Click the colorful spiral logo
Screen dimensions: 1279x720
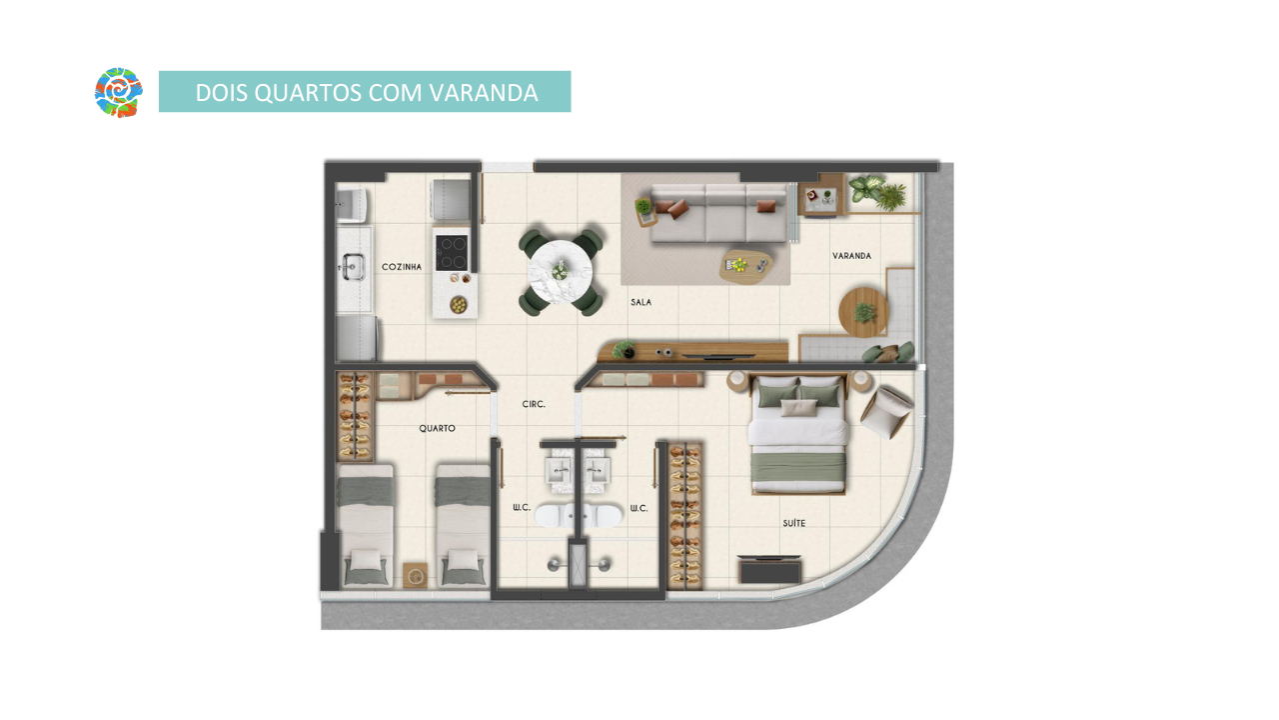pyautogui.click(x=118, y=92)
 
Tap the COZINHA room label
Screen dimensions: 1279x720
pyautogui.click(x=402, y=267)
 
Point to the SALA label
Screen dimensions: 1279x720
pyautogui.click(x=640, y=302)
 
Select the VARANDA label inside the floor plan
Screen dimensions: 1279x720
pyautogui.click(x=851, y=256)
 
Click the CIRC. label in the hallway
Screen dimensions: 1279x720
pyautogui.click(x=534, y=404)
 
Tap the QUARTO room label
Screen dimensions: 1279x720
pyautogui.click(x=437, y=428)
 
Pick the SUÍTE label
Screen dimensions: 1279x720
pyautogui.click(x=793, y=523)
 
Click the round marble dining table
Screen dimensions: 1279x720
pyautogui.click(x=561, y=271)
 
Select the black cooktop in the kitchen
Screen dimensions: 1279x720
pyautogui.click(x=452, y=252)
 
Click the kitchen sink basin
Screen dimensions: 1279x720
pyautogui.click(x=354, y=267)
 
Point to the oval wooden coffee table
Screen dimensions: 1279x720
pyautogui.click(x=745, y=266)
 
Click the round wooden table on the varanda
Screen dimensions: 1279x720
pyautogui.click(x=863, y=312)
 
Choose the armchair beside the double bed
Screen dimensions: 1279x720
pyautogui.click(x=886, y=411)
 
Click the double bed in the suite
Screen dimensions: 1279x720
pyautogui.click(x=798, y=434)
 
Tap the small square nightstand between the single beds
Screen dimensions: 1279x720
pyautogui.click(x=415, y=575)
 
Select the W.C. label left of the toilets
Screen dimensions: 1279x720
pyautogui.click(x=522, y=507)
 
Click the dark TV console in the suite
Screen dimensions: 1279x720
pyautogui.click(x=769, y=569)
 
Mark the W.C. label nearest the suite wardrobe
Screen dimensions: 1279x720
pyautogui.click(x=639, y=508)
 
